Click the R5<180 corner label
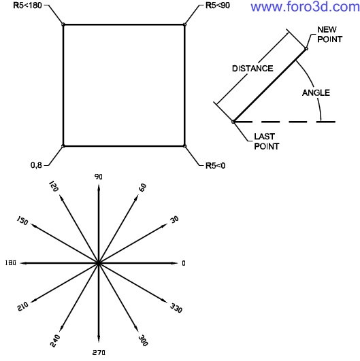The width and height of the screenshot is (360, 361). (27, 5)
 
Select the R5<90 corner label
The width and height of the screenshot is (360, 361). (218, 5)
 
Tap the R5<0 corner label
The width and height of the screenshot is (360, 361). (215, 165)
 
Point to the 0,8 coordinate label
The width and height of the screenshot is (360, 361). (37, 165)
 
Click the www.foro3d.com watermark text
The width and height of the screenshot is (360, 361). (305, 7)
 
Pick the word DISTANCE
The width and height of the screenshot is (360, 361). (252, 69)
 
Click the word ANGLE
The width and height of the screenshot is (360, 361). (316, 92)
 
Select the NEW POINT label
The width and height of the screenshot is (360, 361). (330, 34)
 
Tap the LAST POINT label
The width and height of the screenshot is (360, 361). (267, 141)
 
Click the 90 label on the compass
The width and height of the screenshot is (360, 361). (99, 177)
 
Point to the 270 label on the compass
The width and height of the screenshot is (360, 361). (99, 352)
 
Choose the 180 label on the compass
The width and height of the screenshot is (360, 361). (11, 263)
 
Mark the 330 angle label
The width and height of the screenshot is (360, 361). (176, 308)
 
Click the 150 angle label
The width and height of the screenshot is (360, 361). (22, 220)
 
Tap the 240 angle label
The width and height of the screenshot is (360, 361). (55, 341)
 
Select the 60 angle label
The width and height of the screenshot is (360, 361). (143, 188)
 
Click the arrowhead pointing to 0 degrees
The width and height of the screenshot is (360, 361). (175, 263)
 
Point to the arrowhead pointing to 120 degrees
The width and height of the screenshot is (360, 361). (61, 198)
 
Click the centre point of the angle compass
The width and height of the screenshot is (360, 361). (99, 263)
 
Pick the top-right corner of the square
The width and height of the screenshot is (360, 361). (184, 24)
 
